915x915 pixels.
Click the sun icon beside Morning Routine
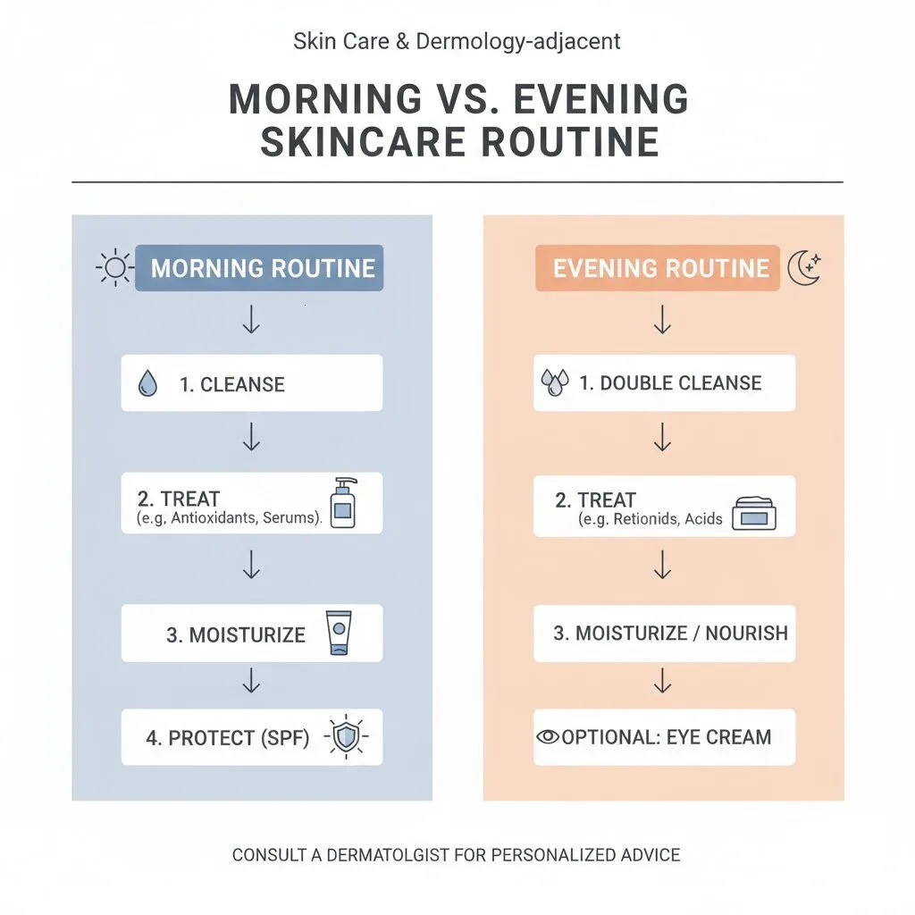[113, 267]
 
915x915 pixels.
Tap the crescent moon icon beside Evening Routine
[803, 267]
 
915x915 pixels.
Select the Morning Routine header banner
[259, 268]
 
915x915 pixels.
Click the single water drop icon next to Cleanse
[148, 384]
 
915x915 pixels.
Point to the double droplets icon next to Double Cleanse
[555, 383]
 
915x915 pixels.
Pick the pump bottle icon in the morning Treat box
[343, 502]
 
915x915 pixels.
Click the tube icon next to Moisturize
[339, 634]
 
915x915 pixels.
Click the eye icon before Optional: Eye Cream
[548, 737]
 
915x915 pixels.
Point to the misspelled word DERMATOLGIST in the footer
[388, 855]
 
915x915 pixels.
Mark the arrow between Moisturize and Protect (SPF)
[251, 682]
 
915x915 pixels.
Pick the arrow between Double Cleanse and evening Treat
[662, 438]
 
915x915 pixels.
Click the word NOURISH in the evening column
[746, 634]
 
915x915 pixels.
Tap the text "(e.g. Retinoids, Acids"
[650, 519]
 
